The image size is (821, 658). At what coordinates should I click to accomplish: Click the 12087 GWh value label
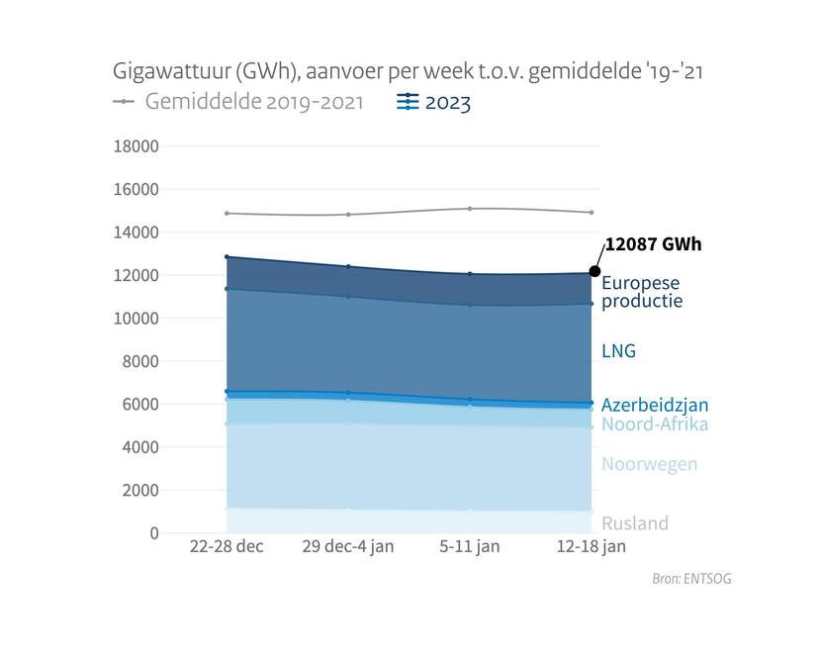(x=653, y=244)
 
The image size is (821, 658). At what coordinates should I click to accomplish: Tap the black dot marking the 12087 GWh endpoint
(x=594, y=271)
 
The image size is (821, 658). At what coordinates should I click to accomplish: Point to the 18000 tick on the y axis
(x=137, y=146)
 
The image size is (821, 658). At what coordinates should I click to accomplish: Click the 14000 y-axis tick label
(x=137, y=233)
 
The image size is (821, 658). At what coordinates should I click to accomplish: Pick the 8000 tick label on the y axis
(x=141, y=361)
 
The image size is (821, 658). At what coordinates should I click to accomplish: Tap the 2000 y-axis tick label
(x=141, y=490)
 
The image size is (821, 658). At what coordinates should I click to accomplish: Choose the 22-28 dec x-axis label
(x=227, y=547)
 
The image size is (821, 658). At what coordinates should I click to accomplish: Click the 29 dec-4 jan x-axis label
(x=348, y=547)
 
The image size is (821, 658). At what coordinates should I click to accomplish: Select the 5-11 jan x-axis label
(x=470, y=547)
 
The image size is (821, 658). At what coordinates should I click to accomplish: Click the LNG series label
(x=618, y=351)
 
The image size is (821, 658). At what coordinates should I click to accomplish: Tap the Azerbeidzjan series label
(x=655, y=405)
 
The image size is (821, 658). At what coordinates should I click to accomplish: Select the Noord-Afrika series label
(x=655, y=424)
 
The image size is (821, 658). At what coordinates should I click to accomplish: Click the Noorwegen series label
(x=649, y=464)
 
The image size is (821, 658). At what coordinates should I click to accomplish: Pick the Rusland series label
(x=635, y=523)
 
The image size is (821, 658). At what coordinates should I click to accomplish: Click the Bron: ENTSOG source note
(x=692, y=579)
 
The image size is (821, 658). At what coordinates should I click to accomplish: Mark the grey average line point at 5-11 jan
(x=470, y=209)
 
